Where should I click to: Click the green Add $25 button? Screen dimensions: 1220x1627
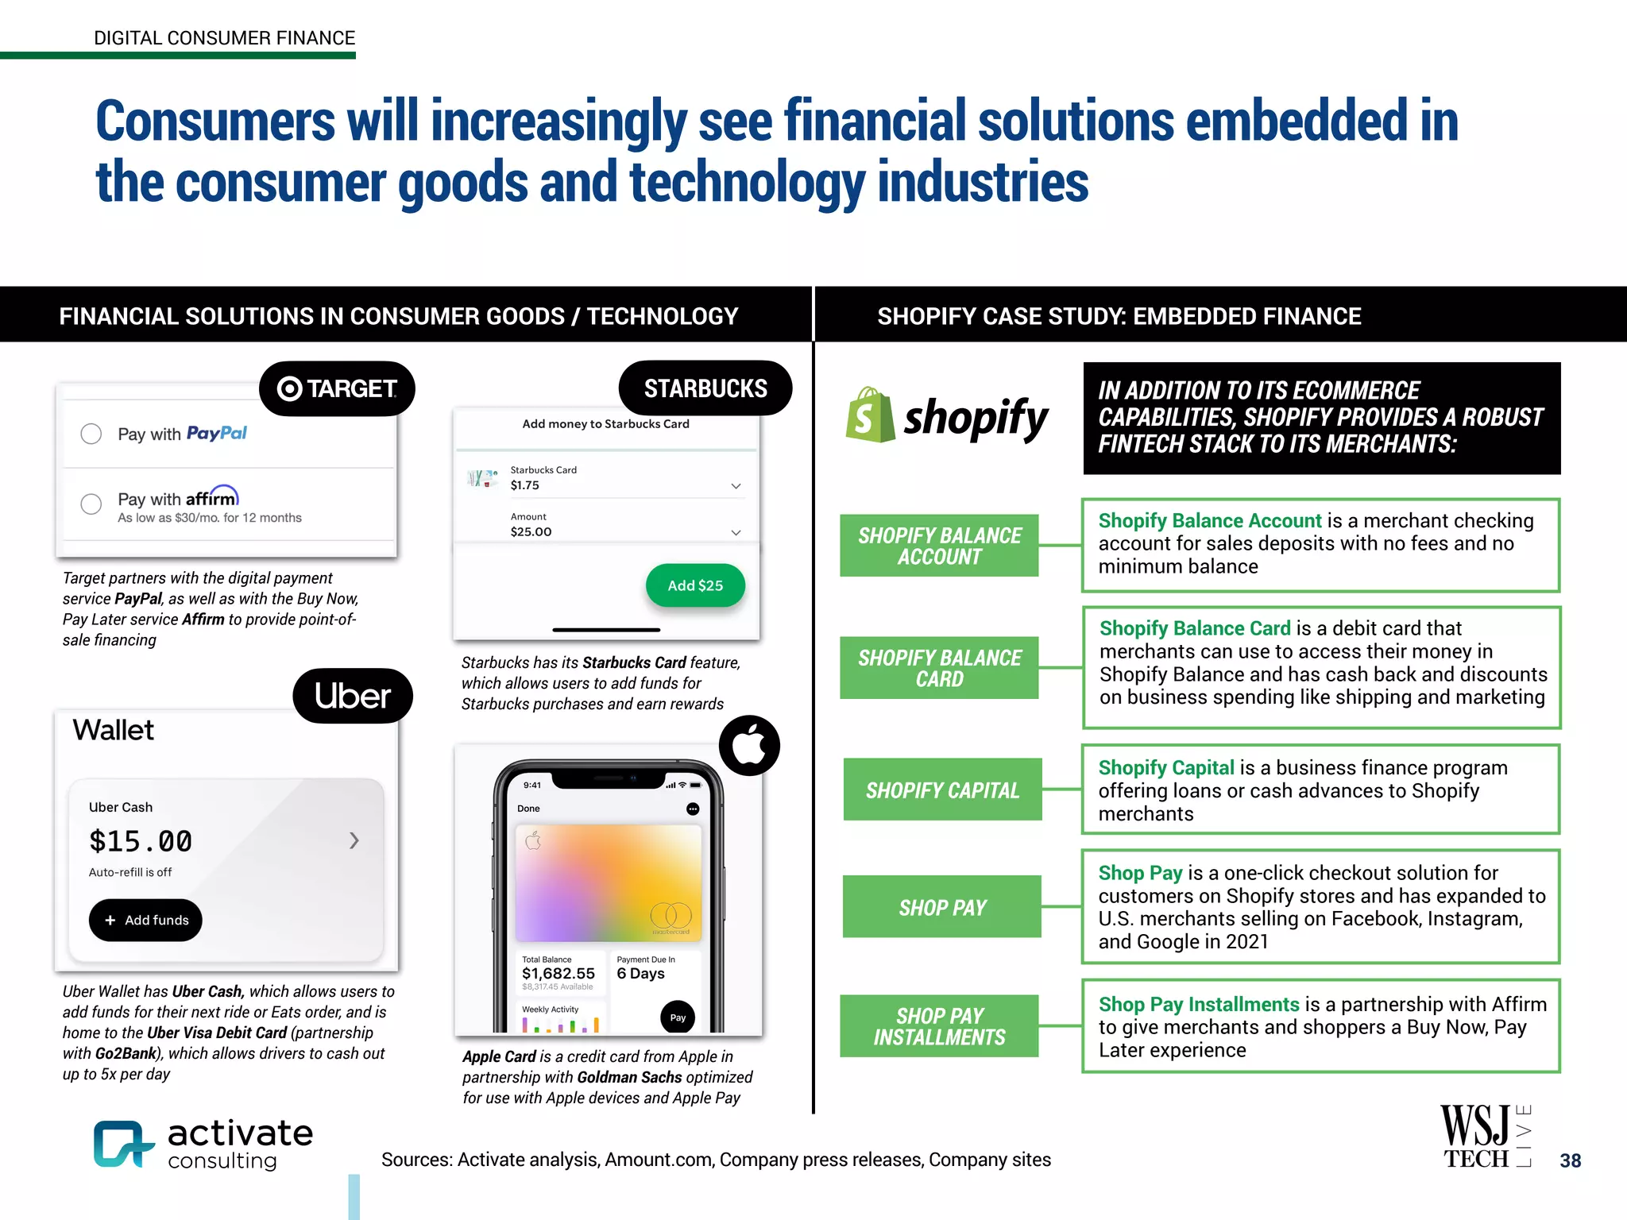695,585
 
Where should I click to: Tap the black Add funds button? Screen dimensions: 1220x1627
145,920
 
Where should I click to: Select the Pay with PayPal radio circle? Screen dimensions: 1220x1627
91,434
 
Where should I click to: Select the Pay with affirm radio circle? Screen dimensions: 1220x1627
91,504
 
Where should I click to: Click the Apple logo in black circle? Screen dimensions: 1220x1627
749,745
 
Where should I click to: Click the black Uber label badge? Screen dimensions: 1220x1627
353,696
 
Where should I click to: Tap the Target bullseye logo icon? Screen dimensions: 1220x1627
289,388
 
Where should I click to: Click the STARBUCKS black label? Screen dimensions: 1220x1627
705,388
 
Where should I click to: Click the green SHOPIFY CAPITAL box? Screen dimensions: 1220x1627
942,790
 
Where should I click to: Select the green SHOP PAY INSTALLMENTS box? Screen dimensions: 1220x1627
939,1026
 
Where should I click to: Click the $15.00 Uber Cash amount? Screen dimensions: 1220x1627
141,840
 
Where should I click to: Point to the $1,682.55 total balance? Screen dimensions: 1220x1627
558,974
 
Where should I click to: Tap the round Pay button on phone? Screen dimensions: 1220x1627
678,1017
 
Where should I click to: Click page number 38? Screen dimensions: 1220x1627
1570,1160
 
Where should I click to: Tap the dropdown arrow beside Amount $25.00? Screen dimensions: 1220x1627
736,532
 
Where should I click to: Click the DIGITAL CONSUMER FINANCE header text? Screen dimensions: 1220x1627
224,38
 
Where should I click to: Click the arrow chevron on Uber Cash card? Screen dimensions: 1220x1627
354,840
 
